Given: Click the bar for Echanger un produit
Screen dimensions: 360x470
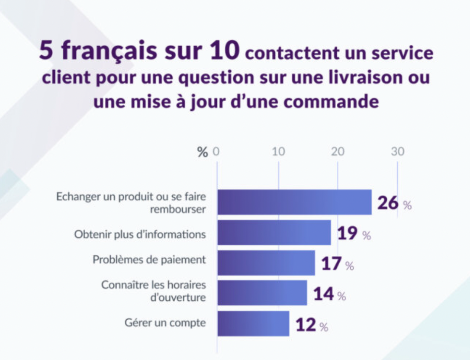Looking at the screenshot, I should coord(294,202).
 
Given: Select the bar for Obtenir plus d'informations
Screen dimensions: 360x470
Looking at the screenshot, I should coord(274,232).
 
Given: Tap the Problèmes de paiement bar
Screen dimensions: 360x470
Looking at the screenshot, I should coord(266,263).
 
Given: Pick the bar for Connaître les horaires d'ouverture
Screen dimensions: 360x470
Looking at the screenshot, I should coord(262,293).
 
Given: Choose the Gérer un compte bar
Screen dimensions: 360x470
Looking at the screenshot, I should coord(253,323).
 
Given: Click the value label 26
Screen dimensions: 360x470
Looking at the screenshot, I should coord(388,202).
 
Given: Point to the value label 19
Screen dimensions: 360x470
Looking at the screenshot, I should coord(347,233).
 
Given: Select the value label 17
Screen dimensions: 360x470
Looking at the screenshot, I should coord(332,264).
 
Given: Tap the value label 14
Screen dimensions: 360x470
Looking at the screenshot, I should coord(323,294).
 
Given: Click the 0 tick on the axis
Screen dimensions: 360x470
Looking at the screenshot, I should coord(216,152).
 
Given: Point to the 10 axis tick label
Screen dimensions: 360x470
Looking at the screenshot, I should coord(278,152).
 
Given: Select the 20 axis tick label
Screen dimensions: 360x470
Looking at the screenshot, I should coord(338,152).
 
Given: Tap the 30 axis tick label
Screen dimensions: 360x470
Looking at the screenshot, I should coord(398,152).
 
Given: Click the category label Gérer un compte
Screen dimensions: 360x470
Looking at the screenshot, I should coord(165,323).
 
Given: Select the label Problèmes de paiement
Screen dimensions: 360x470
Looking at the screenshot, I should coord(149,260).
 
